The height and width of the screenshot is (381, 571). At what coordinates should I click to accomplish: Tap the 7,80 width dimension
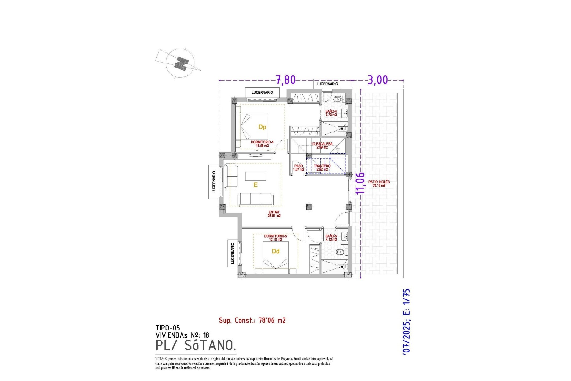point(285,80)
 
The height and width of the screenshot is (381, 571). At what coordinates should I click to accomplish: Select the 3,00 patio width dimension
point(378,80)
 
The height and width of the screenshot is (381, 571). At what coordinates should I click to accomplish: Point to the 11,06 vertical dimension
point(360,183)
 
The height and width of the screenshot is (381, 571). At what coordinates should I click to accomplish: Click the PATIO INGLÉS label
point(379,183)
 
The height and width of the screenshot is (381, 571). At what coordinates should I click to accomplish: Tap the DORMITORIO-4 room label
point(262,144)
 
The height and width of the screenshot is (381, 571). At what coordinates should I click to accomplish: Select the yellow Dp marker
point(262,127)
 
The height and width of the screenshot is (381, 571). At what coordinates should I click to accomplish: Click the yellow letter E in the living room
point(255,185)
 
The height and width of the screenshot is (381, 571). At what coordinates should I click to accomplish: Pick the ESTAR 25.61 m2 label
point(274,214)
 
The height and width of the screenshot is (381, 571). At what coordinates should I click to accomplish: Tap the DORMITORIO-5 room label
point(275,238)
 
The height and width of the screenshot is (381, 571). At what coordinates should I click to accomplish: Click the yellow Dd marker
point(275,252)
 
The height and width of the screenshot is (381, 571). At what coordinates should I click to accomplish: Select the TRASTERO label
point(322,168)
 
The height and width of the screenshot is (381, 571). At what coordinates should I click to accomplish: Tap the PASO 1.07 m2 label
point(299,168)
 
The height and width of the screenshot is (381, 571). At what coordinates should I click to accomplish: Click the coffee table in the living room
point(255,176)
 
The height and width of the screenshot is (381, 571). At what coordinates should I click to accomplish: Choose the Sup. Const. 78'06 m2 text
point(252,320)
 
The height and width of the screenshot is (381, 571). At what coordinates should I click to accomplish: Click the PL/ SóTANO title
point(196,345)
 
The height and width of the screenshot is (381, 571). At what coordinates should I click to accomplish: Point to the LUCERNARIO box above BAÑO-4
point(327,84)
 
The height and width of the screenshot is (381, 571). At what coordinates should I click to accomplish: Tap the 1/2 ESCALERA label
point(322,145)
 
